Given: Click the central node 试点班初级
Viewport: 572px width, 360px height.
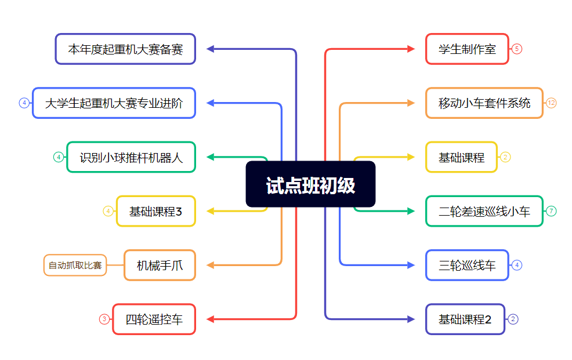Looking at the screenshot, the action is tap(310, 184).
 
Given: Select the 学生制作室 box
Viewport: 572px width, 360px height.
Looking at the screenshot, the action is tap(467, 49).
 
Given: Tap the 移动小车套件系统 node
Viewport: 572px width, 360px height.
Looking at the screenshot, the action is tap(484, 103).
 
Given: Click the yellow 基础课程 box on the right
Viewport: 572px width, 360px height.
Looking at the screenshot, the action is tap(461, 157).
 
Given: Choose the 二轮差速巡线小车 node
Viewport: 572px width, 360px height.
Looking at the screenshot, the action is tap(484, 211).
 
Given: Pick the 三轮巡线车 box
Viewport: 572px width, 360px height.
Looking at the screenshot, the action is tap(467, 266).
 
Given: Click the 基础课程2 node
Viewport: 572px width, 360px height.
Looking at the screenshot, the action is tap(465, 319).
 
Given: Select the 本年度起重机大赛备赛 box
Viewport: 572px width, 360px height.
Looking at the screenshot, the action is tap(125, 49).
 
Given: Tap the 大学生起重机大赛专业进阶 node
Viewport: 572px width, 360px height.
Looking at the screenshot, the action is tap(114, 103).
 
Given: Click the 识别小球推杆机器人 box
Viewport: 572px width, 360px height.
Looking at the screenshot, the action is tap(131, 157).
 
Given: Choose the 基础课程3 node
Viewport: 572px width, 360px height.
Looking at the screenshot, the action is tap(156, 211).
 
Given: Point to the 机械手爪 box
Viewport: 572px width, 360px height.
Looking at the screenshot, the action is tap(160, 266).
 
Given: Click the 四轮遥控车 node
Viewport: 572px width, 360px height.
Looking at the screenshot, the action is tap(154, 319).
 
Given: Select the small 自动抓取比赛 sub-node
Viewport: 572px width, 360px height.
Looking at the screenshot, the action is tap(75, 266).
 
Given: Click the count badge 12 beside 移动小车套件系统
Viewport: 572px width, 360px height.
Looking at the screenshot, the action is tap(551, 103).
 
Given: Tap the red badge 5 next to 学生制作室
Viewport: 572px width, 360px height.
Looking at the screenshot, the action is tap(517, 49).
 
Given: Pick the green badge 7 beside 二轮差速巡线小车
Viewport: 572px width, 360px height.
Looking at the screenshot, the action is tap(551, 211).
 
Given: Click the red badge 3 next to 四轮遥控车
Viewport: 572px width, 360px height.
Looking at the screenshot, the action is tap(104, 319).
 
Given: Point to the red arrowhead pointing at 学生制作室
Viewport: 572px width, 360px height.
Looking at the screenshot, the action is tap(411, 49).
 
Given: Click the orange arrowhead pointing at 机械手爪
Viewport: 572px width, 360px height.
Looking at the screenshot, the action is tap(211, 266).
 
